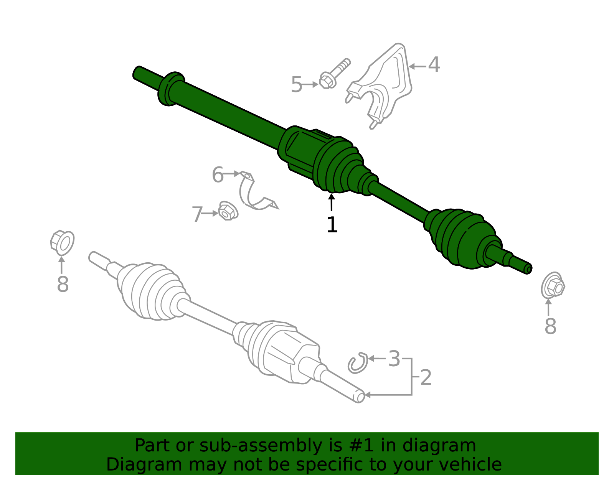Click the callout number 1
pos(332,225)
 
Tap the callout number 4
pos(434,65)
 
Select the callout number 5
pos(297,85)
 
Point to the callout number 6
pos(218,175)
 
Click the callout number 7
pos(197,214)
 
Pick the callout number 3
pos(394,359)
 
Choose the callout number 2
pos(426,378)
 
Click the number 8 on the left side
pos(63,285)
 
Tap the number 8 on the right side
pos(550,326)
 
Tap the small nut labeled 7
pos(227,211)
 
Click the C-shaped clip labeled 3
pos(357,363)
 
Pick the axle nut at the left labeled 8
pos(62,242)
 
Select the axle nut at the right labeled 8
pos(553,285)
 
